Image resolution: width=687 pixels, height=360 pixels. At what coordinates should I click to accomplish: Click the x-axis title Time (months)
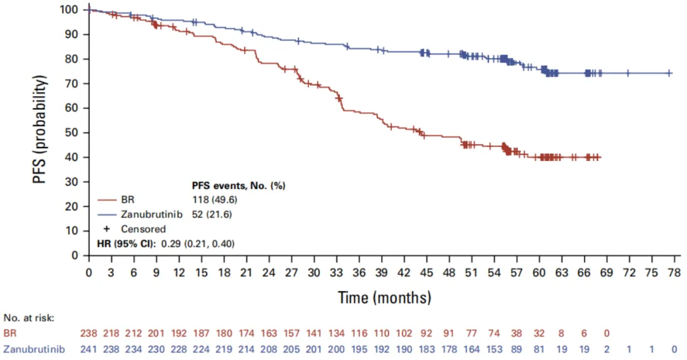pyautogui.click(x=384, y=297)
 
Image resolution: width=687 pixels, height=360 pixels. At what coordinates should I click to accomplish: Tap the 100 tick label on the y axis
pyautogui.click(x=71, y=10)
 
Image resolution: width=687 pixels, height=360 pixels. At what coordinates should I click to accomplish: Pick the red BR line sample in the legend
pyautogui.click(x=107, y=199)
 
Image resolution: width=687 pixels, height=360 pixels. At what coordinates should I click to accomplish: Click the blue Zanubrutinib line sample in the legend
pyautogui.click(x=107, y=214)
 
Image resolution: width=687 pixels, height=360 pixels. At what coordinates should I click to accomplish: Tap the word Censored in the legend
pyautogui.click(x=143, y=229)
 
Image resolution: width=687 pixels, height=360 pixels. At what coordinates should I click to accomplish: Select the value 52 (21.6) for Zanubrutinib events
pyautogui.click(x=212, y=214)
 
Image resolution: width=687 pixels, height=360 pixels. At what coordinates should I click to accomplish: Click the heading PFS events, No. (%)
pyautogui.click(x=239, y=186)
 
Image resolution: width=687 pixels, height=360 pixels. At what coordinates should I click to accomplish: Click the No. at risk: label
pyautogui.click(x=28, y=317)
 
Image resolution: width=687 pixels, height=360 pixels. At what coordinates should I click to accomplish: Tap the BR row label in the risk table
pyautogui.click(x=10, y=333)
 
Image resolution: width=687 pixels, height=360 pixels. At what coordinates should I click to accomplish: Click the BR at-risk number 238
pyautogui.click(x=89, y=333)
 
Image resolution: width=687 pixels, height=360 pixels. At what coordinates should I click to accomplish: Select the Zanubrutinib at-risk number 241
pyautogui.click(x=89, y=349)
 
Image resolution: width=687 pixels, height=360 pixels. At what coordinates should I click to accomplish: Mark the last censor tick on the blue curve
pyautogui.click(x=669, y=73)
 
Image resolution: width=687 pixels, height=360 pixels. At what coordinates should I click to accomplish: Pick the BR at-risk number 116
pyautogui.click(x=359, y=333)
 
